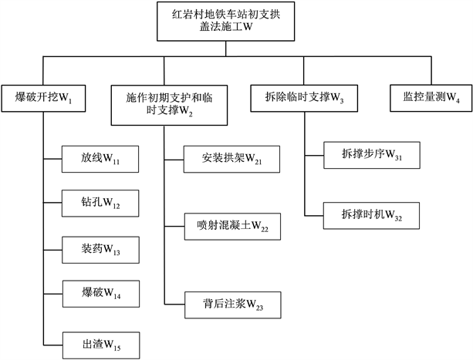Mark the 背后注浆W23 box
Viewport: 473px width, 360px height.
coord(231,306)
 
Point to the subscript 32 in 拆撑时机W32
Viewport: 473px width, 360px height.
coord(397,218)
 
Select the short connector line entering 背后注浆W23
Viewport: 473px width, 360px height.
coord(174,306)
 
